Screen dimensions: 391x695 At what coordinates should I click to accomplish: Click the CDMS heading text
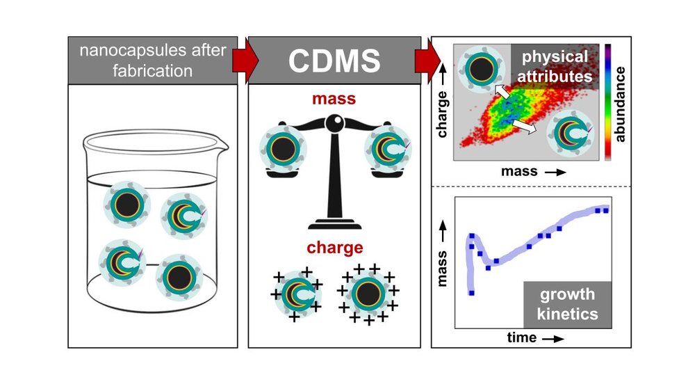point(334,61)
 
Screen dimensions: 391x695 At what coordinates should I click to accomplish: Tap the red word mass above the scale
point(334,99)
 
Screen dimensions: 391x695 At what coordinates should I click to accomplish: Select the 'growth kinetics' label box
point(567,304)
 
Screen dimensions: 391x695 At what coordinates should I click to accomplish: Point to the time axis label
point(521,338)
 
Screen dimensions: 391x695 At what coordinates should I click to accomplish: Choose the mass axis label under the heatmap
point(520,171)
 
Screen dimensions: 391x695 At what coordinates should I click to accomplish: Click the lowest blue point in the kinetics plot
point(471,293)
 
